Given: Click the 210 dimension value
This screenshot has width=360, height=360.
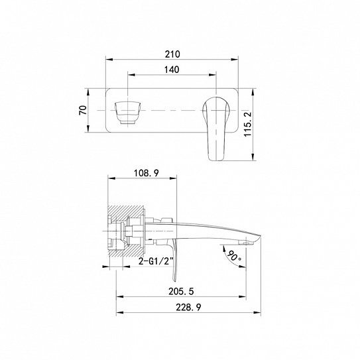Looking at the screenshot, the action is tap(172, 54).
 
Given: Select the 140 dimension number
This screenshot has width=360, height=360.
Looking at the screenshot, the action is tap(172, 70).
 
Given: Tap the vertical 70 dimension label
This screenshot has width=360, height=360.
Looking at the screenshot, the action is tap(83, 110).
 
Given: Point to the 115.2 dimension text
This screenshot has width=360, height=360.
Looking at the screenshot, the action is tap(248, 124).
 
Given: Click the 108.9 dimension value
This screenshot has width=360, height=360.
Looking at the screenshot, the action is tap(147, 173).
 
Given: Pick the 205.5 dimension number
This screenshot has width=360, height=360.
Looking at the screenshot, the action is tap(181, 291).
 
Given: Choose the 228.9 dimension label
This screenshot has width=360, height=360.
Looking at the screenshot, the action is tap(188, 307).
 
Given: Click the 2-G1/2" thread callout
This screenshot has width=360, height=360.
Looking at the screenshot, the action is tap(156, 261).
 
